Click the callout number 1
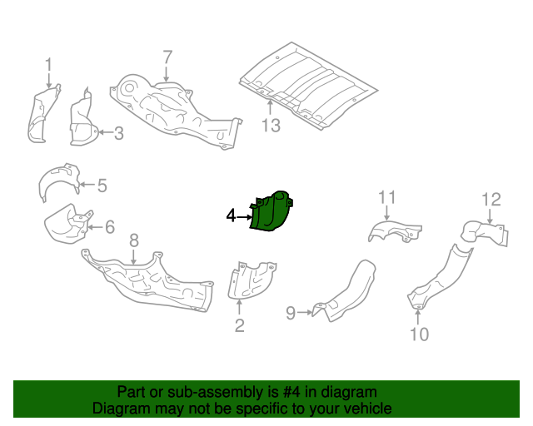point(48,64)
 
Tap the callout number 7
point(167,57)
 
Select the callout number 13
point(271,126)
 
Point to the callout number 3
point(118,132)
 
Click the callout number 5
point(102,186)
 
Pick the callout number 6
point(109,226)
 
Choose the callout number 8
point(134,241)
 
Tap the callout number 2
point(239,325)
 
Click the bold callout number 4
point(232,216)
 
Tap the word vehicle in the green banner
point(365,409)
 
